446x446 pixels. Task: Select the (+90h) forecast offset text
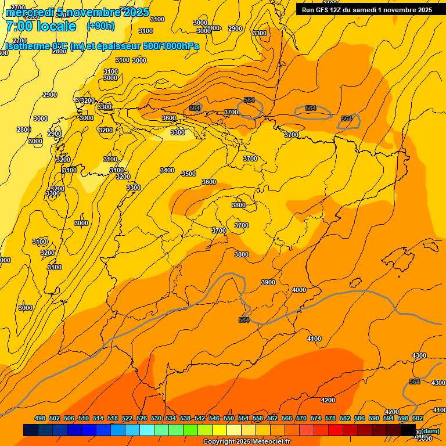pyautogui.click(x=100, y=26)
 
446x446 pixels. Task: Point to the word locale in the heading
pyautogui.click(x=56, y=26)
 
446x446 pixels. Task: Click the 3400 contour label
pyautogui.click(x=167, y=170)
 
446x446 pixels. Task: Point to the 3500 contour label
pyautogui.click(x=189, y=174)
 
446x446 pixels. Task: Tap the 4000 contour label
pyautogui.click(x=299, y=290)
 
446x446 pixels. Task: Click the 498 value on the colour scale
pyautogui.click(x=40, y=418)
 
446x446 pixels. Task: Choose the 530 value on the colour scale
pyautogui.click(x=156, y=418)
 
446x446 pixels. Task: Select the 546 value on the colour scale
pyautogui.click(x=214, y=418)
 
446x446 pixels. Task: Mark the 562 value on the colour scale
pyautogui.click(x=272, y=418)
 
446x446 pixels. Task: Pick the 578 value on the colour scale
pyautogui.click(x=330, y=418)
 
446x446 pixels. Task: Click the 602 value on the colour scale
pyautogui.click(x=418, y=418)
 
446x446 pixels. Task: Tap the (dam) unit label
pyautogui.click(x=429, y=431)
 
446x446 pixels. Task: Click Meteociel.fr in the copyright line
pyautogui.click(x=274, y=442)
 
